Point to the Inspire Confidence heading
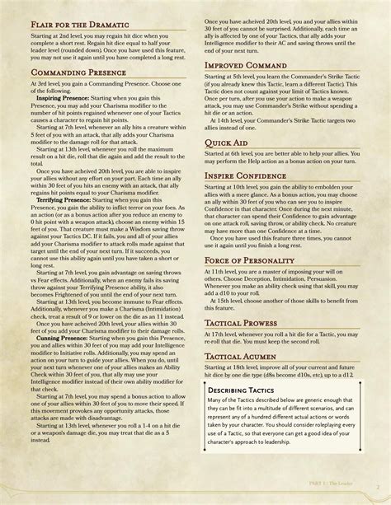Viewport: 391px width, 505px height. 251,177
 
